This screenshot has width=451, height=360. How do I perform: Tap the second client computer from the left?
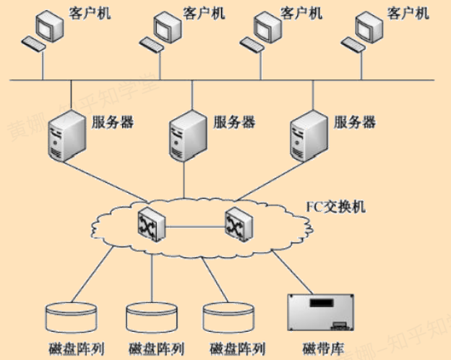(165, 29)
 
